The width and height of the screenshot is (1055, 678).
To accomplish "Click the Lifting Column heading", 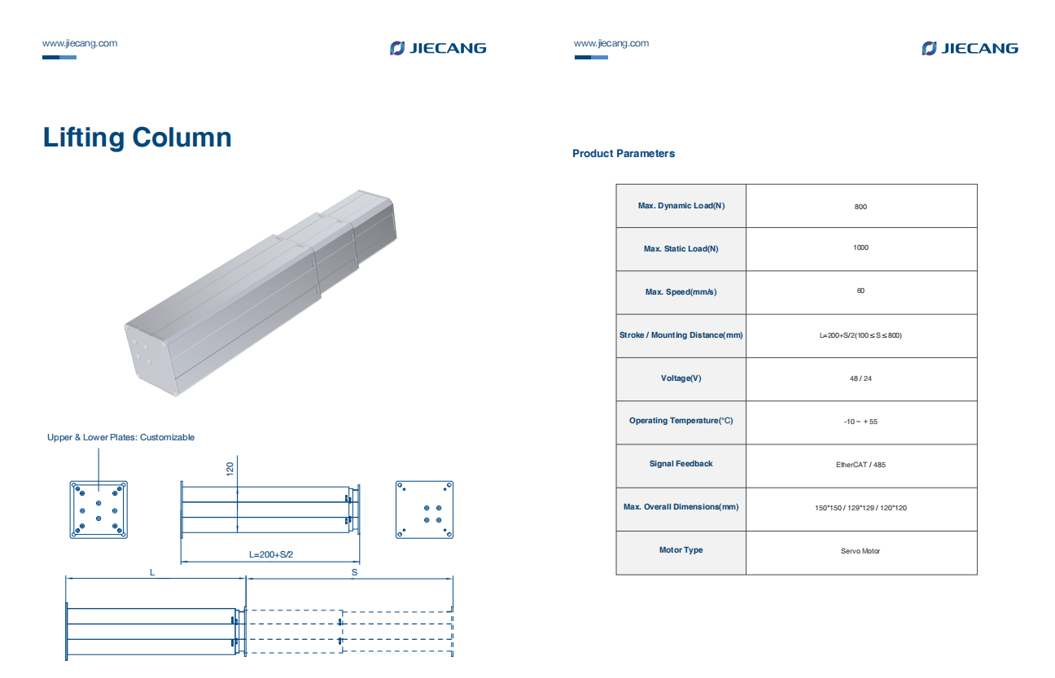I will [x=137, y=137].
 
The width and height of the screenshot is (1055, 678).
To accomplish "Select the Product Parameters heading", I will [x=623, y=153].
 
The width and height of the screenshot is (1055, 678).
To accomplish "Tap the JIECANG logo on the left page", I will [x=438, y=48].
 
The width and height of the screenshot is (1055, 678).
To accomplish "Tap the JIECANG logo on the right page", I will [x=970, y=48].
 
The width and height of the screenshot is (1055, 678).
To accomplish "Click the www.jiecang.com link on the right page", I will [x=611, y=43].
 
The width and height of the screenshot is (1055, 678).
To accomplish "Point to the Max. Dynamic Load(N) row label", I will [x=681, y=206].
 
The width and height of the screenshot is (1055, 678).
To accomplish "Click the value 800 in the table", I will [x=860, y=207].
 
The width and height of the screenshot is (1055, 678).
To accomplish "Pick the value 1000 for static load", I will [x=860, y=247].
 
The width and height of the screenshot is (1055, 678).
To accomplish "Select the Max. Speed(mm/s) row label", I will [x=681, y=292].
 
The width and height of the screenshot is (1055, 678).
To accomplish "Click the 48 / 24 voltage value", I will [x=860, y=378].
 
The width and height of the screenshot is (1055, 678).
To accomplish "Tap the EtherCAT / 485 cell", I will [x=860, y=465].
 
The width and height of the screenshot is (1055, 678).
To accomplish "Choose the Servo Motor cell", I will [x=860, y=551].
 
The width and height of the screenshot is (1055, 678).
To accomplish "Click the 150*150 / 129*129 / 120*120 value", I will [x=860, y=508].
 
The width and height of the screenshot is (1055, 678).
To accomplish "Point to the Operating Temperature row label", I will [x=681, y=421].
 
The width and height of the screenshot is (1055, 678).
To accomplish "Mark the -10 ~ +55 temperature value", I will [x=860, y=422].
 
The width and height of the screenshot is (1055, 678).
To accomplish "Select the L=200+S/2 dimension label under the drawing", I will [x=271, y=554].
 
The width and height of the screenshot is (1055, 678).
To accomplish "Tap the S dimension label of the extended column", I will [x=354, y=572].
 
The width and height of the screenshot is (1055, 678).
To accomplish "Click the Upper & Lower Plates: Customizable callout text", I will [x=120, y=437].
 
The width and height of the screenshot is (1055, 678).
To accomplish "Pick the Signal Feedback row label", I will [x=681, y=464].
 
